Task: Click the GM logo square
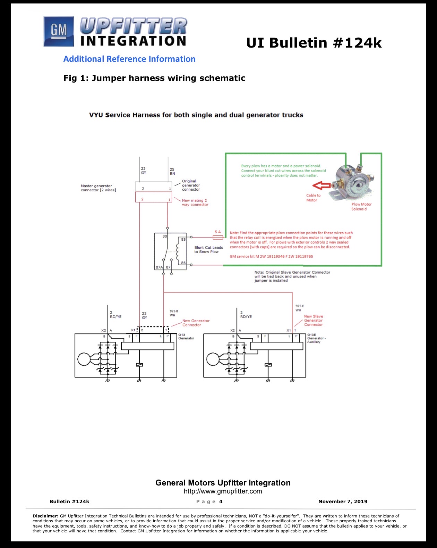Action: pyautogui.click(x=59, y=31)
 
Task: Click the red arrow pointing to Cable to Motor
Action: pyautogui.click(x=322, y=185)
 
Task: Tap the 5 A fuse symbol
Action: pyautogui.click(x=218, y=237)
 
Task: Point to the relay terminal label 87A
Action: pyautogui.click(x=159, y=267)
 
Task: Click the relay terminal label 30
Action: pyautogui.click(x=165, y=236)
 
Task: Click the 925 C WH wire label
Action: pyautogui.click(x=299, y=308)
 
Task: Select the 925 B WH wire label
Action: pyautogui.click(x=174, y=313)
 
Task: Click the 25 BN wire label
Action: pyautogui.click(x=172, y=171)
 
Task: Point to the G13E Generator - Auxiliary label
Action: pyautogui.click(x=316, y=338)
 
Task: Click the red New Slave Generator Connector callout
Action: pyautogui.click(x=314, y=320)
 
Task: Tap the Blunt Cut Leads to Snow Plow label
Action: pyautogui.click(x=208, y=250)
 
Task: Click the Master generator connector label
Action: pyautogui.click(x=98, y=188)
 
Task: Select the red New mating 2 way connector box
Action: pyautogui.click(x=153, y=197)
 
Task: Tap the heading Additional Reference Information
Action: pyautogui.click(x=129, y=59)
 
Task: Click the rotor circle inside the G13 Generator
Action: pyautogui.click(x=84, y=359)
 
